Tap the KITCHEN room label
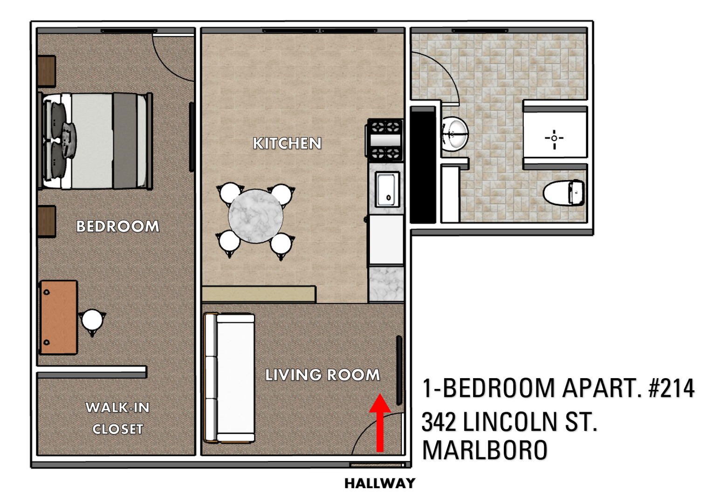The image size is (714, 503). click(287, 143)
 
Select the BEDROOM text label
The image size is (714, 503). click(117, 226)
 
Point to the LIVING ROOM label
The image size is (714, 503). click(323, 374)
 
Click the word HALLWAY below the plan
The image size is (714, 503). click(380, 483)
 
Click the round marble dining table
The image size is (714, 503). click(256, 216)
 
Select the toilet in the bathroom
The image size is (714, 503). click(563, 193)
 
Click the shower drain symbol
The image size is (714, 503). click(554, 138)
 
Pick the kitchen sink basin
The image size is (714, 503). click(387, 190)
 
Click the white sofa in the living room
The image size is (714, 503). click(229, 378)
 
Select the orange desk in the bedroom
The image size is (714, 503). click(59, 317)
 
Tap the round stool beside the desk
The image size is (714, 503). click(92, 320)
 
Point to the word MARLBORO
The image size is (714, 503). click(485, 450)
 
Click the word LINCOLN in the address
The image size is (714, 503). click(509, 421)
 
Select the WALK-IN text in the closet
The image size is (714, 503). click(117, 408)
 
